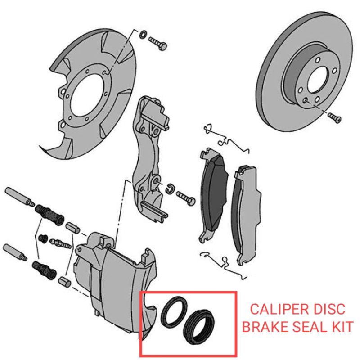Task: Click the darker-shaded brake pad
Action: (213, 189)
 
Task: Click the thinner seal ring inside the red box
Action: (172, 311)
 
